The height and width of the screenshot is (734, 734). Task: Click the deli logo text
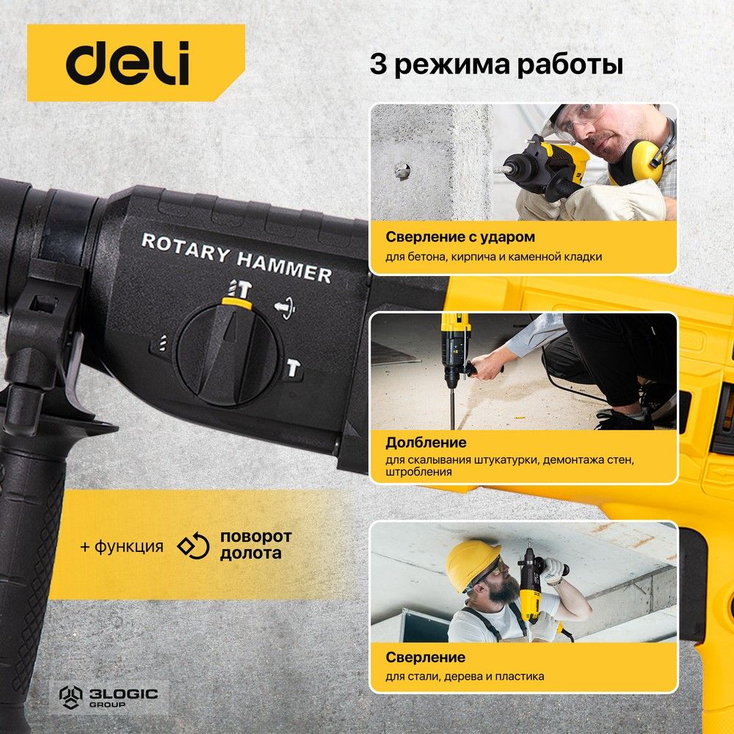coord(127,62)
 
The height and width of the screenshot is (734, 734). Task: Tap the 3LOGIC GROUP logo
coord(109,697)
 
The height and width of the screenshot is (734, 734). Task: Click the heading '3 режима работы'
coord(496,65)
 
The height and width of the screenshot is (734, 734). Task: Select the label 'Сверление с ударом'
coord(460,237)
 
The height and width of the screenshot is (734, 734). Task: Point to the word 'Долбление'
coord(426,443)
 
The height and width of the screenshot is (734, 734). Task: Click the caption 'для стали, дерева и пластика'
coord(465,676)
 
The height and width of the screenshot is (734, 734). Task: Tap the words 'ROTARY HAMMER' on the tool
coord(237,258)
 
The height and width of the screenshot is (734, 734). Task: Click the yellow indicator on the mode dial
coord(237,303)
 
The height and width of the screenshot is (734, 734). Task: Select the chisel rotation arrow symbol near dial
coord(285,307)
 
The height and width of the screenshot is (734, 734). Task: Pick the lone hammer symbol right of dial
coord(294,368)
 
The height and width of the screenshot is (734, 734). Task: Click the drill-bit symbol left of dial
coord(162,344)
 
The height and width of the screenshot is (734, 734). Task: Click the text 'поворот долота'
coord(255,545)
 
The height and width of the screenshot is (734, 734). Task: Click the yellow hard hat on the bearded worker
coord(471,565)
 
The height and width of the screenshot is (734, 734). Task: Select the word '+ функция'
coord(122,546)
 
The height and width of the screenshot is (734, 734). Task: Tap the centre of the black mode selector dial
coord(229,355)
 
